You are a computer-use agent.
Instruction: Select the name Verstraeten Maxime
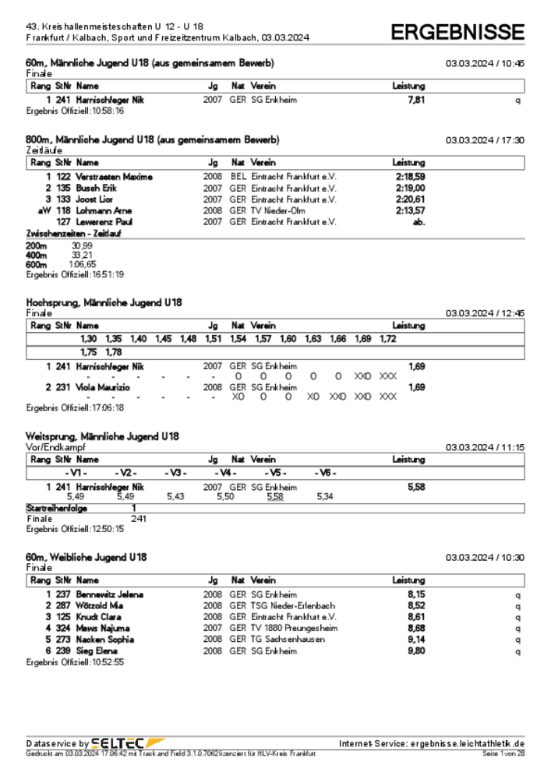point(115,177)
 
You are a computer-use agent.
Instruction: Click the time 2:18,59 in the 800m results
point(410,177)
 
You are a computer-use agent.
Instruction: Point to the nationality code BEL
point(238,177)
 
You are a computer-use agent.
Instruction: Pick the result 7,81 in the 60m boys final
point(416,100)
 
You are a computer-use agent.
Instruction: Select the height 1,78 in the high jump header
point(114,352)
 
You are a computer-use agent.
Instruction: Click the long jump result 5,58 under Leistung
point(416,486)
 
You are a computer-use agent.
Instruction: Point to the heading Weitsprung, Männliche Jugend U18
point(102,436)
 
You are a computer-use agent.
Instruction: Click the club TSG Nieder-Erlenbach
point(292,605)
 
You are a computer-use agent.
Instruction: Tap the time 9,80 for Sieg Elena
point(416,650)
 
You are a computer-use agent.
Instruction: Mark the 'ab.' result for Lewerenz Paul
point(419,222)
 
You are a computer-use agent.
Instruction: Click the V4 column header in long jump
point(226,473)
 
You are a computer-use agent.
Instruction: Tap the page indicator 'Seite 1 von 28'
point(503,754)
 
